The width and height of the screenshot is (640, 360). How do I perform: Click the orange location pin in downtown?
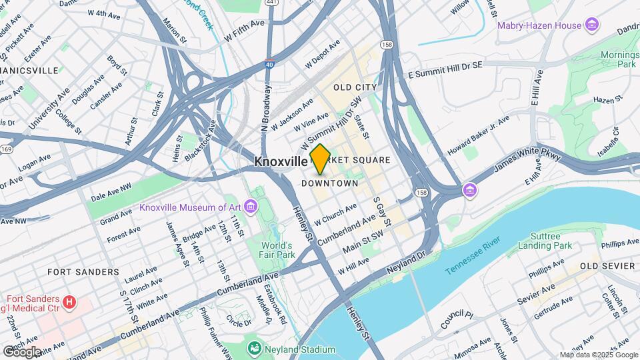(320, 159)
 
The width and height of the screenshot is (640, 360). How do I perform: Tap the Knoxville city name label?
(281, 161)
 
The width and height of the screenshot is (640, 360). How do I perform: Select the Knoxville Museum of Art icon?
(250, 207)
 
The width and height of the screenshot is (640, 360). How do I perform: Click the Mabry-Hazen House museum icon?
(591, 25)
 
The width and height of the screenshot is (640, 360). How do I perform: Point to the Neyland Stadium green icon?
(253, 349)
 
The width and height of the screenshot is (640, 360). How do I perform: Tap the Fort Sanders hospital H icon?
(69, 304)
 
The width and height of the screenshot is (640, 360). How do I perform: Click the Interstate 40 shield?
(269, 64)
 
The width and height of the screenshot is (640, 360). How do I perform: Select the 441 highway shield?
(269, 3)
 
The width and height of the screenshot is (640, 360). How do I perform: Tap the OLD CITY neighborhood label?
(355, 87)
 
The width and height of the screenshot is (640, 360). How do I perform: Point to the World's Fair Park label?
(278, 249)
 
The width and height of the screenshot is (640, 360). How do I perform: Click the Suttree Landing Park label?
(551, 241)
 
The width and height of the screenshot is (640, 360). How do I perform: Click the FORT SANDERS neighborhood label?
(83, 272)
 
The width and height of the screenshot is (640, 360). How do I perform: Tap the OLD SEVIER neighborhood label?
(607, 266)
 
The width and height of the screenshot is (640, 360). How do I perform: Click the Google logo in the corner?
(21, 352)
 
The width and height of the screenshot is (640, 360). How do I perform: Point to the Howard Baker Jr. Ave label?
(478, 136)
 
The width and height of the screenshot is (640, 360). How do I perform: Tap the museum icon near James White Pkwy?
(471, 191)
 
